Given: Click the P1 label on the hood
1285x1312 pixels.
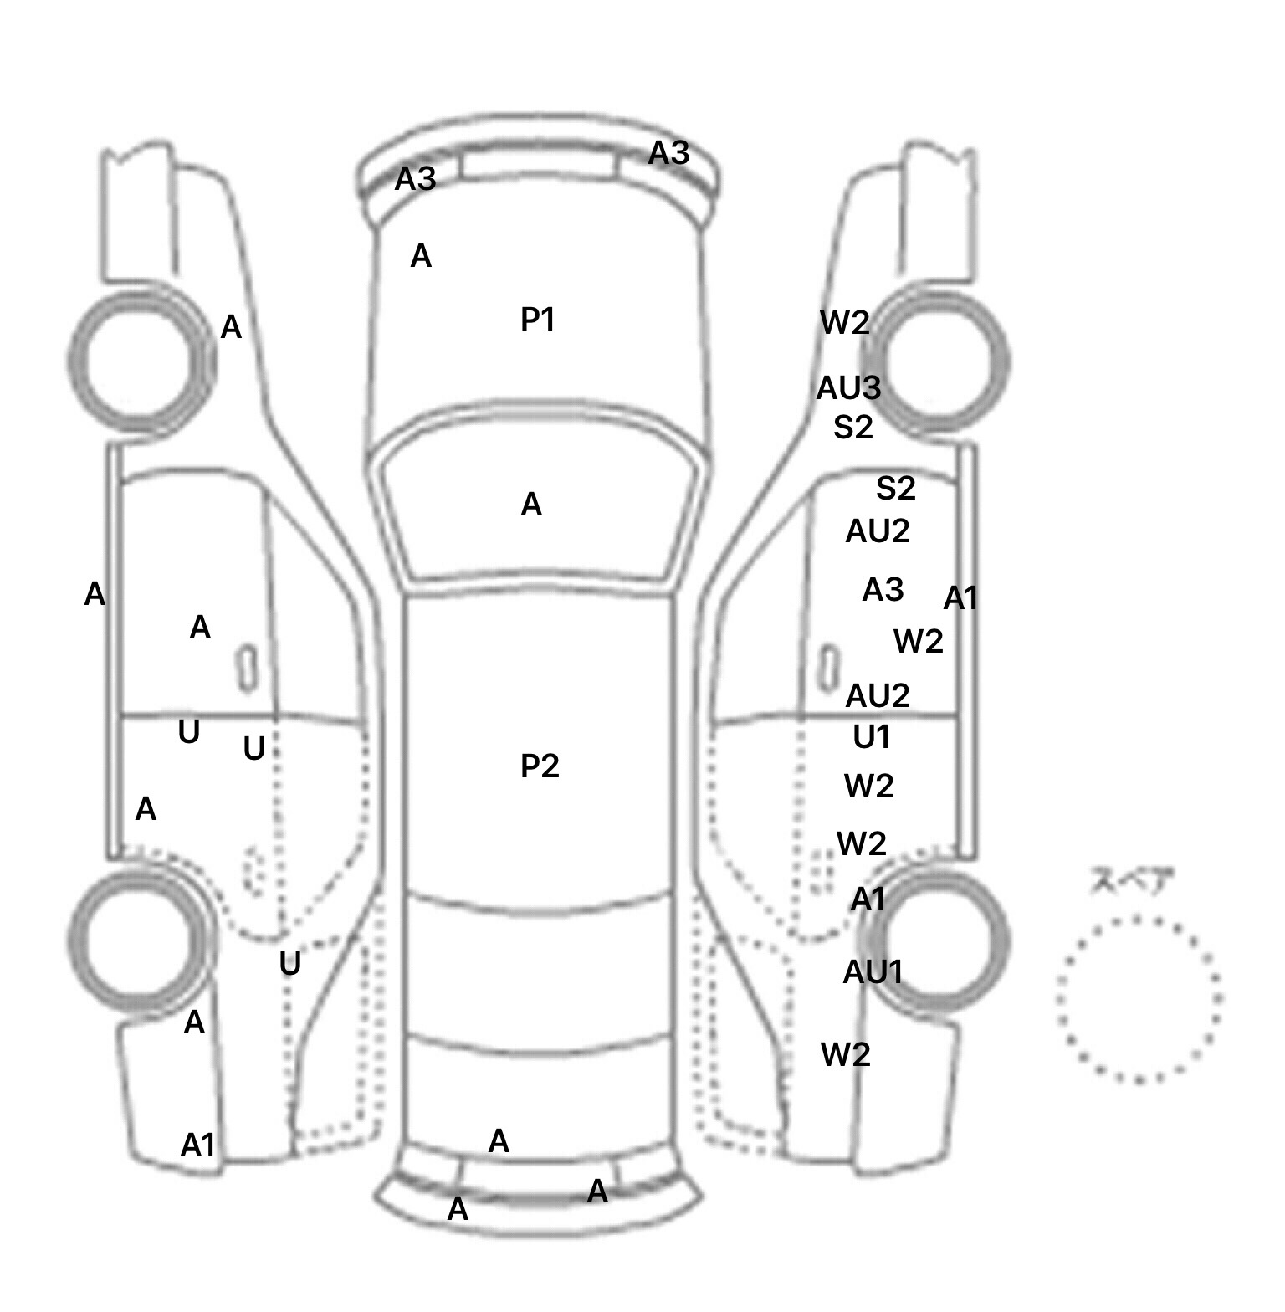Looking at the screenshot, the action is (538, 319).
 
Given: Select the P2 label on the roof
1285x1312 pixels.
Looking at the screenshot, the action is (540, 766).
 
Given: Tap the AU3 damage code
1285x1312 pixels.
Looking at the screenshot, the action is (848, 387).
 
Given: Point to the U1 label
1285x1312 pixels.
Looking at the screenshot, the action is (872, 737).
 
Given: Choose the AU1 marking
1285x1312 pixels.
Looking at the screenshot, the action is (873, 971).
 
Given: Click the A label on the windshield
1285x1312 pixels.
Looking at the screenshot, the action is (531, 505).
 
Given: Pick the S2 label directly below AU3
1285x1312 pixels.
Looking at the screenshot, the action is (853, 428).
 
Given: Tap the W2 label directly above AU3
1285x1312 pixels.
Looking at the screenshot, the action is (845, 322).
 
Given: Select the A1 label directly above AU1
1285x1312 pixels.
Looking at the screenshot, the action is (868, 899).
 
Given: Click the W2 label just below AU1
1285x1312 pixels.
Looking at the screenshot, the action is (846, 1054).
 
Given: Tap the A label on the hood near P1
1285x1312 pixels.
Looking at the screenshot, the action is (421, 256).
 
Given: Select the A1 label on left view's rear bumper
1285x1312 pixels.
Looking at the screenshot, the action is (198, 1145).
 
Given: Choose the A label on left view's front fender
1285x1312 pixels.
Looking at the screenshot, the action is (231, 327).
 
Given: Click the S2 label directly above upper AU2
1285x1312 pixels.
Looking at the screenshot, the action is (896, 488).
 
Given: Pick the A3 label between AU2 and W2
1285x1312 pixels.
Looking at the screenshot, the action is (883, 590).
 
